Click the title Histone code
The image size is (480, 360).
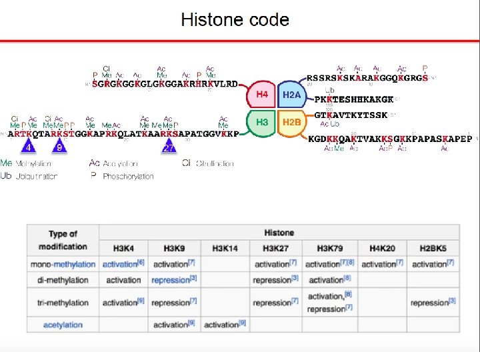[x=235, y=20]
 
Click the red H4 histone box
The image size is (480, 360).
[x=262, y=95]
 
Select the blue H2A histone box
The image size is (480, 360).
[x=291, y=95]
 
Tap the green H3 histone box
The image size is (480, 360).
[x=262, y=122]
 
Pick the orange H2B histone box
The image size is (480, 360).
[x=291, y=123]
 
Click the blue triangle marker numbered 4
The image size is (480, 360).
[x=28, y=145]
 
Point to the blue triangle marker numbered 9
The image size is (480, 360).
[x=59, y=145]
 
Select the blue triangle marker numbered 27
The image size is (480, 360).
[x=169, y=145]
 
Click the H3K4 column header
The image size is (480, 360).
[x=124, y=248]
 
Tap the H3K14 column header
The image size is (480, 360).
[x=225, y=248]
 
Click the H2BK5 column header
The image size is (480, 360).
[x=433, y=248]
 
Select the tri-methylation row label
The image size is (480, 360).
[x=63, y=302]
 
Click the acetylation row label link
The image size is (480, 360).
[x=63, y=325]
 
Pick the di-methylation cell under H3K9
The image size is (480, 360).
[x=174, y=280]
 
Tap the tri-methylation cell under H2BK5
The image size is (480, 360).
[x=433, y=302]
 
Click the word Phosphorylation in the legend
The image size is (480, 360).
[x=129, y=177]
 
